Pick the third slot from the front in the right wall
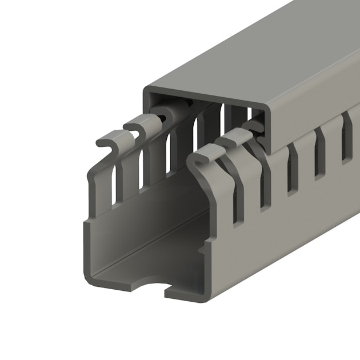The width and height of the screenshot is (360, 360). (x=293, y=169)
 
